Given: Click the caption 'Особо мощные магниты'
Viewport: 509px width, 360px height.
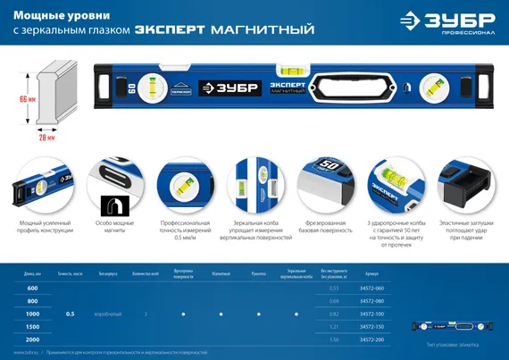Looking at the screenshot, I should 112,230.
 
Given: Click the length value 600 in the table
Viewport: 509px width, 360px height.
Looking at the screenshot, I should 33,289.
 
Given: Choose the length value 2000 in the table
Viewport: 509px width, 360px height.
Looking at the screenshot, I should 33,340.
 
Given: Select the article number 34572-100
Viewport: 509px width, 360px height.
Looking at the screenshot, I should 371,314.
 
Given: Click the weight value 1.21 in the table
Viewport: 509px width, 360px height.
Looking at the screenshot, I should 333,328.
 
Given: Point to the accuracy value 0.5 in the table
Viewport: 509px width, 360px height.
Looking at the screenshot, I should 70,314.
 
